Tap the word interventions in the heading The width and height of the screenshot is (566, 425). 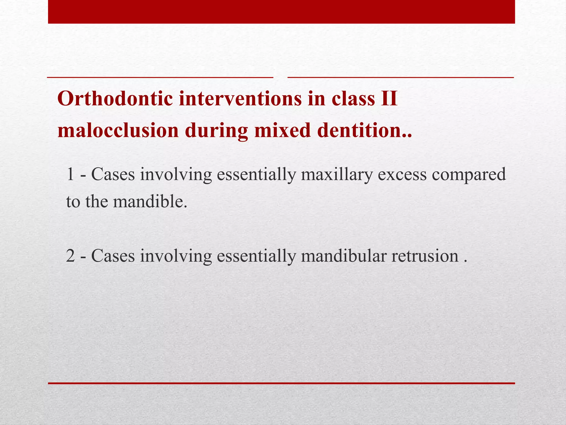[x=240, y=99]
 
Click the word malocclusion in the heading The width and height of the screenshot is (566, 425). [x=118, y=130]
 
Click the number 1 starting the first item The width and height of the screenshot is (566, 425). [x=70, y=175]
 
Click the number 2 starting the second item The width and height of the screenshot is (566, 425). [x=70, y=256]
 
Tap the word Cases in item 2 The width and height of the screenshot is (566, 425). [x=113, y=256]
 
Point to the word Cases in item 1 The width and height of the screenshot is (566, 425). [x=113, y=175]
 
